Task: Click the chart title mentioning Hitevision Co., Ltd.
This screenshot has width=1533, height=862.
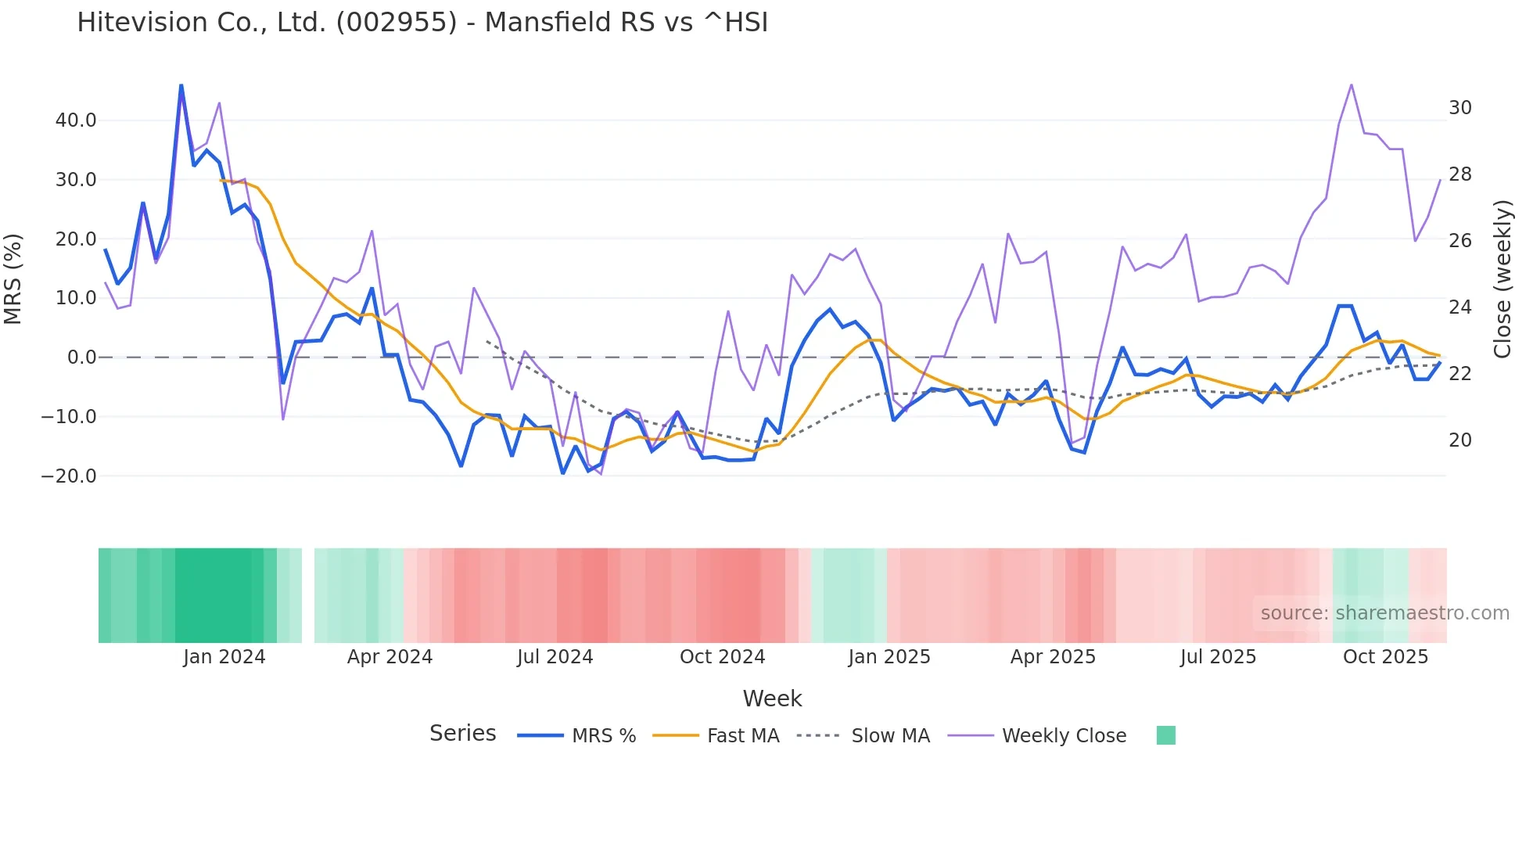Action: coord(422,23)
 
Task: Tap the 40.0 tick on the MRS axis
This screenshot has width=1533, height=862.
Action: coord(76,120)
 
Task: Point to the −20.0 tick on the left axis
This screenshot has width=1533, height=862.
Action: coord(69,476)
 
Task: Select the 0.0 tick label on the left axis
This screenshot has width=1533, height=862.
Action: coord(82,357)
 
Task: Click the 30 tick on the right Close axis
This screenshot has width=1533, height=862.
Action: coord(1460,108)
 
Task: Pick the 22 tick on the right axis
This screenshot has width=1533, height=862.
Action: coord(1460,374)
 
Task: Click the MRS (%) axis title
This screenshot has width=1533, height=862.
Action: coord(13,279)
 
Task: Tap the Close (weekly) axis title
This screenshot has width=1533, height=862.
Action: coord(1502,279)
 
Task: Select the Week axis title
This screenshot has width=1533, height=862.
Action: coord(772,699)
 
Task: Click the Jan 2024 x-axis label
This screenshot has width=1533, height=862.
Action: coord(224,657)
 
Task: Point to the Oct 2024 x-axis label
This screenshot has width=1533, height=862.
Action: coord(722,657)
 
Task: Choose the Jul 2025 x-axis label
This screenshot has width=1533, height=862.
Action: coord(1218,657)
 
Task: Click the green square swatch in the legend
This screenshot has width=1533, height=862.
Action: coord(1165,735)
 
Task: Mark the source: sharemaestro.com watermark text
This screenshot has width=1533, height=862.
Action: coord(1384,613)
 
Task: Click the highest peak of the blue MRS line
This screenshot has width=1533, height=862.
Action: coord(181,85)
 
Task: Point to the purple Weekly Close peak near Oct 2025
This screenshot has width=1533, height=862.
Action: coord(1351,85)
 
